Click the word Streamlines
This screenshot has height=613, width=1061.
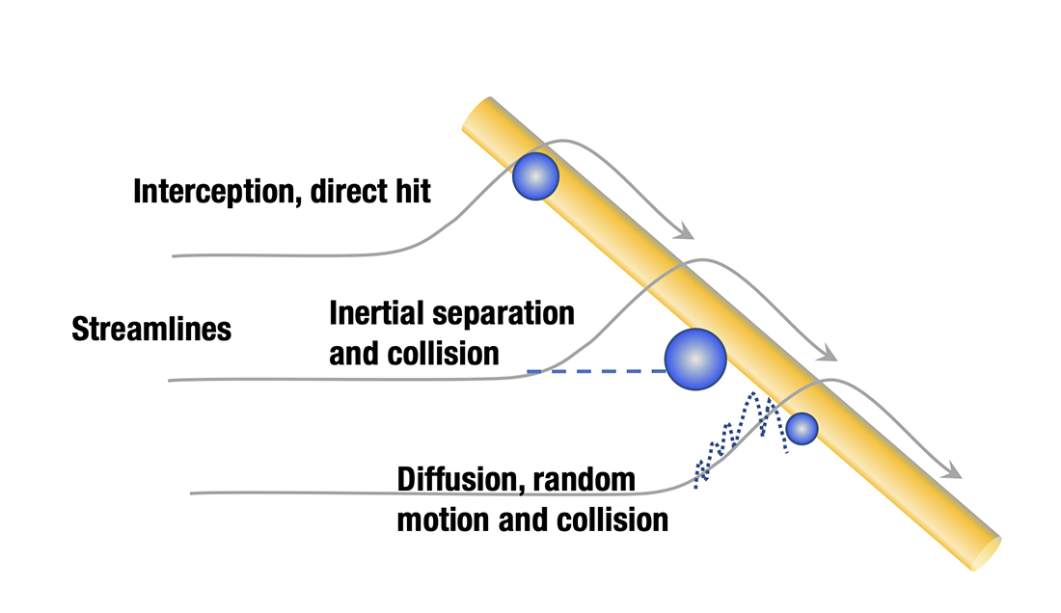click(151, 330)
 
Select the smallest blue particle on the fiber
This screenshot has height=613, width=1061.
click(802, 428)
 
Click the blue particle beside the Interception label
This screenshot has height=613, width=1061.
click(534, 176)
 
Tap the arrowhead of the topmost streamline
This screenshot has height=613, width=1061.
click(685, 232)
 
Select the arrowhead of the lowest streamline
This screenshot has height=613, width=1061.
click(954, 471)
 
